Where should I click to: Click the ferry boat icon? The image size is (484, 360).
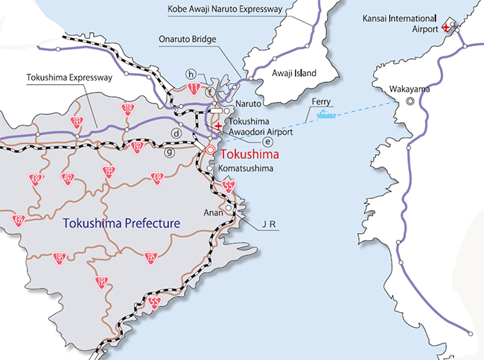[327, 115]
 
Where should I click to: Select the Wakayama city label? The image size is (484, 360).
[409, 89]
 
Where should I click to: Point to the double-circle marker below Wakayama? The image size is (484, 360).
[409, 102]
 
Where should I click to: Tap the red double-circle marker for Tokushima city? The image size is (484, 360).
[211, 150]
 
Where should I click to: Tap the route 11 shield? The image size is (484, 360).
[194, 88]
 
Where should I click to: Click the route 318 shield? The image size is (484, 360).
[127, 109]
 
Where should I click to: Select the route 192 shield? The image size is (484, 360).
[136, 147]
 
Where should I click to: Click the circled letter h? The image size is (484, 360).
[191, 74]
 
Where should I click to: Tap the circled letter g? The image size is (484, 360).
[170, 153]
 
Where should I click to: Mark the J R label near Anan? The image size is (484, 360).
[268, 223]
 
